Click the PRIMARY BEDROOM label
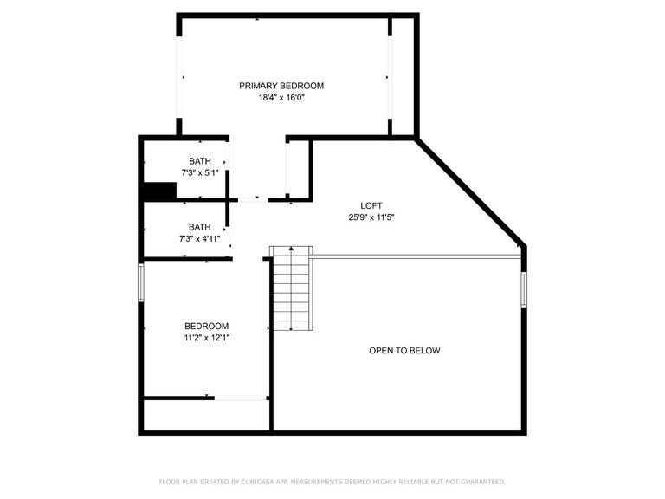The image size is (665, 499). pos(281,86)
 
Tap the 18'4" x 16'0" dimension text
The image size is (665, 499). pos(281,98)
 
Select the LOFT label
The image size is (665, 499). pos(371,206)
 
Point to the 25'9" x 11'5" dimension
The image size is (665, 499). pos(371,218)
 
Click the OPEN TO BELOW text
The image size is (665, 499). pos(404,351)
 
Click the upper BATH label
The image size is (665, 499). pos(200,161)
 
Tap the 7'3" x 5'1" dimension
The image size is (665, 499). pos(200,173)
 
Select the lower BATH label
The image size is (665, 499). pos(200,227)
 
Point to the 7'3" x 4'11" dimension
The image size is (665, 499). pos(200,239)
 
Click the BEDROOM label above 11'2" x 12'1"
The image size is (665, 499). pos(206,326)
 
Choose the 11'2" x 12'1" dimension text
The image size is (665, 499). pos(206,338)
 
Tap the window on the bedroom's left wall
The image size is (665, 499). pos(141,282)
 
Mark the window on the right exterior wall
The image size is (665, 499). pos(523,288)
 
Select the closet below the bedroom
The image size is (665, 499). pos(206,414)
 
